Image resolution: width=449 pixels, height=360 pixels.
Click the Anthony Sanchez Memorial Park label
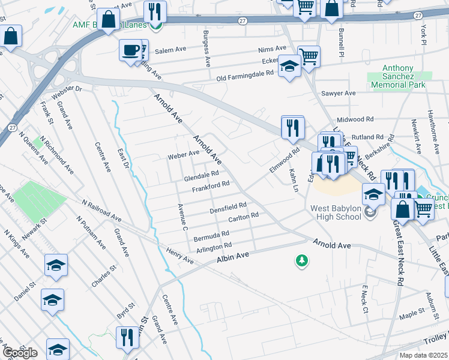pyautogui.click(x=398, y=77)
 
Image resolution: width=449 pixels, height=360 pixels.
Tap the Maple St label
pyautogui.click(x=412, y=313)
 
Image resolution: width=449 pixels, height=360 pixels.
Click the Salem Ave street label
pyautogui.click(x=170, y=52)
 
